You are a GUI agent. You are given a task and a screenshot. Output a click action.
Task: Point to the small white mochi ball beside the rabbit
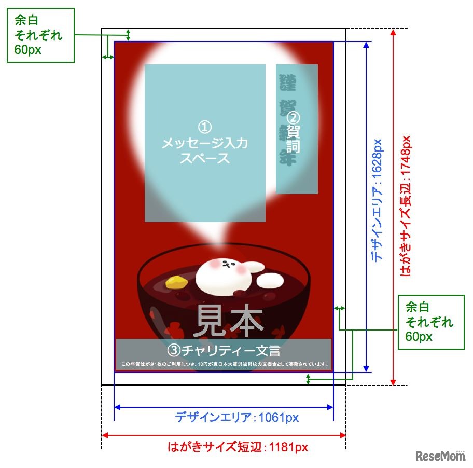(x=270, y=281)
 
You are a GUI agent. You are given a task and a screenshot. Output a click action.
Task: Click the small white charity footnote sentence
(x=224, y=364)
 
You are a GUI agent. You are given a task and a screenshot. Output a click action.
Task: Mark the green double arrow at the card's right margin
(x=340, y=309)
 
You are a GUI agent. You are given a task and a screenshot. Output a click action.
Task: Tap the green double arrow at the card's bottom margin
(x=309, y=379)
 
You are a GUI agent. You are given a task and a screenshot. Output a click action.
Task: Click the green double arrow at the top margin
(x=128, y=35)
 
